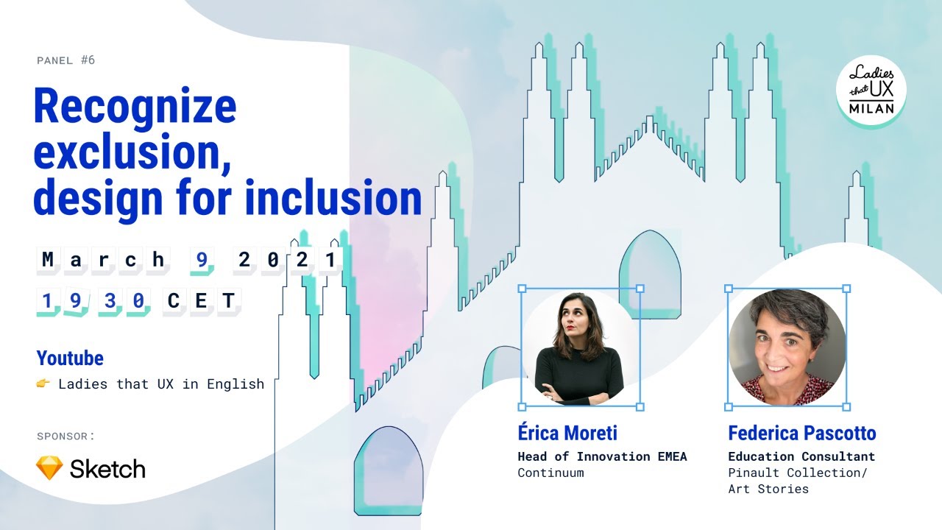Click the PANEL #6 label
click(x=65, y=60)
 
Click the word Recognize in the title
click(x=135, y=107)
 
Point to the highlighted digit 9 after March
click(x=199, y=259)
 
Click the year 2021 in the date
click(x=288, y=259)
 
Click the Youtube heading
click(x=70, y=358)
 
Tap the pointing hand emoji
click(x=43, y=384)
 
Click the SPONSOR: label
click(x=65, y=436)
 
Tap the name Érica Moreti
click(x=567, y=433)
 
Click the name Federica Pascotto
click(x=801, y=433)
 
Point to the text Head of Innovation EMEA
click(x=601, y=456)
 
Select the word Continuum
click(x=550, y=473)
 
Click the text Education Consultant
click(x=801, y=456)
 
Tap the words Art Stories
click(x=768, y=489)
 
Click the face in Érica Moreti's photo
click(x=575, y=317)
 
